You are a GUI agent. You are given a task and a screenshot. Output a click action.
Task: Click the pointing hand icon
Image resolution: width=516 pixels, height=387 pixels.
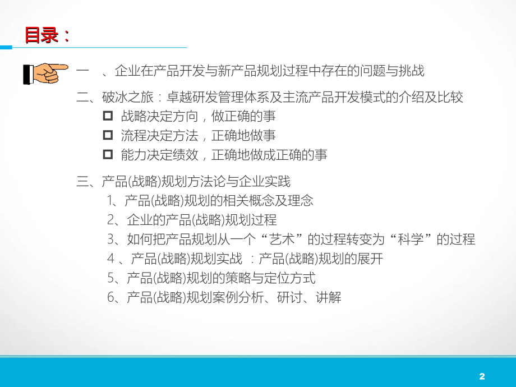tap(45, 73)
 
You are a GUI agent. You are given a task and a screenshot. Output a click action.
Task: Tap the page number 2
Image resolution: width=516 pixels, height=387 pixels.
tap(482, 376)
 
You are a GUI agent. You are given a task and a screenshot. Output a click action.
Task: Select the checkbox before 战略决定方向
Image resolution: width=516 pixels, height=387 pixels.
tap(108, 117)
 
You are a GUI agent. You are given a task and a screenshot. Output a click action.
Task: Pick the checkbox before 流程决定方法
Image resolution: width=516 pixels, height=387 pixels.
tap(108, 136)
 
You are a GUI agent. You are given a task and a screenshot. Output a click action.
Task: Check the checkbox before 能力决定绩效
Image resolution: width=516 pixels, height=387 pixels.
tap(108, 155)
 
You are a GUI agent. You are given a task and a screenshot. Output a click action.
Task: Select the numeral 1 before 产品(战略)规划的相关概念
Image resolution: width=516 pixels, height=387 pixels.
tap(110, 200)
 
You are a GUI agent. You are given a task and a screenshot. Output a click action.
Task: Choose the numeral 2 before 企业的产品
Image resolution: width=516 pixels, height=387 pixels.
tap(110, 220)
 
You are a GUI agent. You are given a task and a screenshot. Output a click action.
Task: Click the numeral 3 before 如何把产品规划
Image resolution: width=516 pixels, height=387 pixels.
tap(110, 239)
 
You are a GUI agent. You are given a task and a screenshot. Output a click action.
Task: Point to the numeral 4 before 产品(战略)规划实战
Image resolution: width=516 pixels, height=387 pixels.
tap(110, 259)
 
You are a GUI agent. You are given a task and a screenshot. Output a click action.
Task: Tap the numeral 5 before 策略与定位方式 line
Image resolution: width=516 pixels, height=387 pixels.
tap(110, 278)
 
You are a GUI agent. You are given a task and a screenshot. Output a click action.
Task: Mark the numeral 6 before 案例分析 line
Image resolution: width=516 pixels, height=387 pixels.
tap(110, 298)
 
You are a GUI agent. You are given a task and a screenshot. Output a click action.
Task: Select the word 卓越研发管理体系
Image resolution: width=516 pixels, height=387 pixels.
tap(210, 98)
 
